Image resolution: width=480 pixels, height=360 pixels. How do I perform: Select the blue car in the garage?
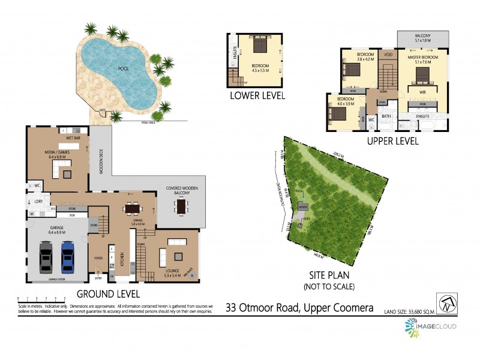coord(67,257)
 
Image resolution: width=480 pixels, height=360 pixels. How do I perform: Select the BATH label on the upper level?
coord(386,116)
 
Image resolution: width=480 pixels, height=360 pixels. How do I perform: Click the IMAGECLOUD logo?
coord(430,326)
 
